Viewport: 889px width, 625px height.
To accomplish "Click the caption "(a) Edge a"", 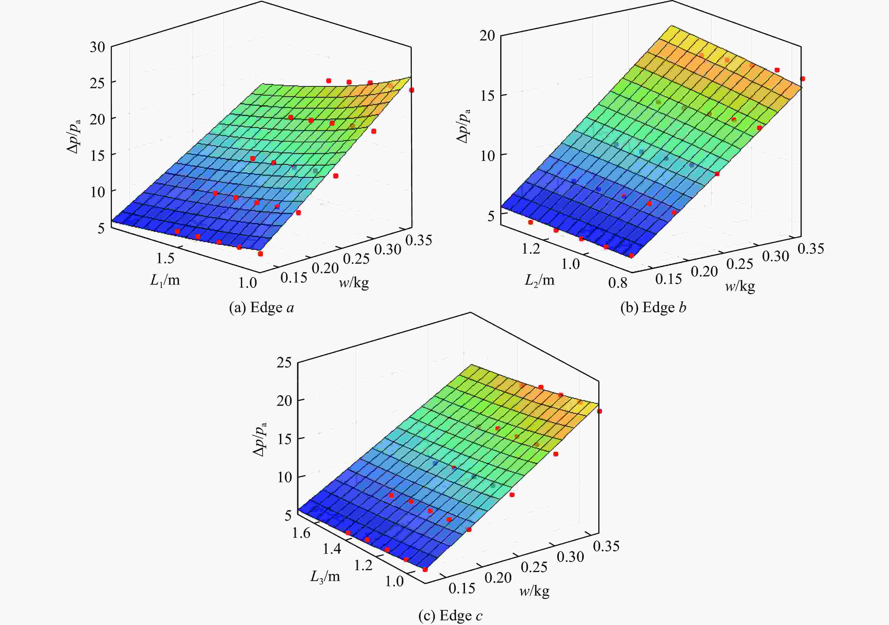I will coord(261,308).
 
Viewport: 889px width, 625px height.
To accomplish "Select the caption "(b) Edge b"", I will coord(653,308).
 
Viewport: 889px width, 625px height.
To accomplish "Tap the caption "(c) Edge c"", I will coord(451,615).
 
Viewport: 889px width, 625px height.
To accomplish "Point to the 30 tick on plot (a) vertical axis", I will coord(97,47).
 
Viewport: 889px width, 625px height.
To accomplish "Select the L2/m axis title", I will coord(539,280).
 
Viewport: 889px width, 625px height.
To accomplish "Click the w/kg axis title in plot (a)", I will coord(354,283).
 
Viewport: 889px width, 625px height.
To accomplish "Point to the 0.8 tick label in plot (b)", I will coord(618,283).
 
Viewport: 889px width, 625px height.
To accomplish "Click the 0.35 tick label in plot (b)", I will coord(811,249).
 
